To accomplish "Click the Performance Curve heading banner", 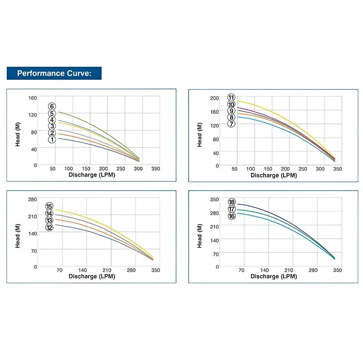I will coord(54,73).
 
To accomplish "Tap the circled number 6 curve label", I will coord(52,106).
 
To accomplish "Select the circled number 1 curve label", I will coord(52,140).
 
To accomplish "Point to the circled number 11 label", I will coord(231,98).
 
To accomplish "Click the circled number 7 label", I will coord(231,124).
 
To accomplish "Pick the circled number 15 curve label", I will coord(49,206).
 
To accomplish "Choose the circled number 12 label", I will coord(49,227).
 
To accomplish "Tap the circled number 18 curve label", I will coord(232,202).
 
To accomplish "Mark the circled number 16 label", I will coord(232,216).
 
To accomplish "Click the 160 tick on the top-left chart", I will coord(32,98).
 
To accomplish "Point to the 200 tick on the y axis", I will coord(214,98).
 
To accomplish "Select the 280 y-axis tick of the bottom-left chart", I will coord(32,200).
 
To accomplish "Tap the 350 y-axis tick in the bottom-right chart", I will coord(214,200).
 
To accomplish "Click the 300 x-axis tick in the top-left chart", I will coord(138,169).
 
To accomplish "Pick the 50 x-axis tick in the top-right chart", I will coord(235,169).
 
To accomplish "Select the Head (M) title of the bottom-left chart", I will coord(17,233).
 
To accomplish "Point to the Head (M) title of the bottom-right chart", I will coord(200,233).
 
